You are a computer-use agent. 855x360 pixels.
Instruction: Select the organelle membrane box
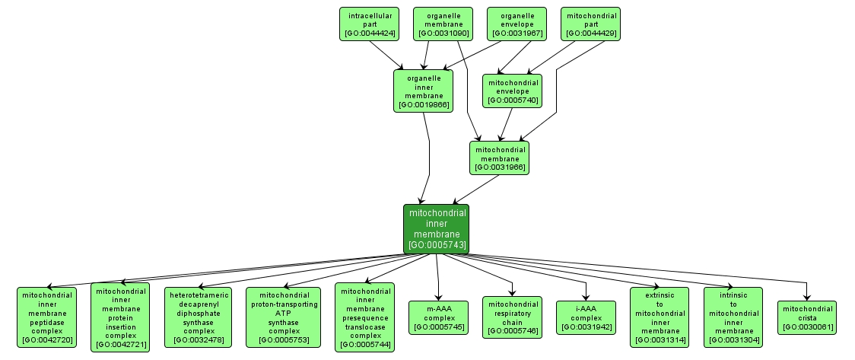point(443,24)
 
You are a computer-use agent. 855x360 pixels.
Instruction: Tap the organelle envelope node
point(516,24)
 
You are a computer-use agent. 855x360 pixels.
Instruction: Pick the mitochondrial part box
point(590,24)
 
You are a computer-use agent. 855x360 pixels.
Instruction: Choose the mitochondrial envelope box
point(512,91)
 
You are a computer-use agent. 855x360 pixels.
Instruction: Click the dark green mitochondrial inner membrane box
point(437,228)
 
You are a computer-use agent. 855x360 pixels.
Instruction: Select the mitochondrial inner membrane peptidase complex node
point(47,317)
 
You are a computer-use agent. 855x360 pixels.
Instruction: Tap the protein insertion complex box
point(120,317)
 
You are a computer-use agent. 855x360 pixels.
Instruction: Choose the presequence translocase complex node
point(365,317)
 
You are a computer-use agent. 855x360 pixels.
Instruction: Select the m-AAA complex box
point(437,317)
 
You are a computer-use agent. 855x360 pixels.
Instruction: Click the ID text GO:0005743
point(437,245)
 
